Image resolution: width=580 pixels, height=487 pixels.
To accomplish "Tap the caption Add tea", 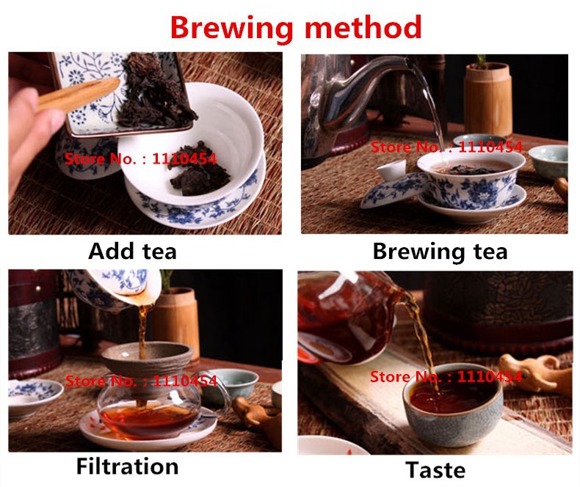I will coord(132,252).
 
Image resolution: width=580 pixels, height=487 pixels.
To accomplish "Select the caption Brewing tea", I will coord(440,252).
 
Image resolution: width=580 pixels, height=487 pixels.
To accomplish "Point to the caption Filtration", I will coord(127,466).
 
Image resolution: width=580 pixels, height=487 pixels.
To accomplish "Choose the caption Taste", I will coord(435,469).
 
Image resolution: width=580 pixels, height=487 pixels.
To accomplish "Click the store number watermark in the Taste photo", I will coord(446,377).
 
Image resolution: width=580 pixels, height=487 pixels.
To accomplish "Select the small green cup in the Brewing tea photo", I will coord(549,161).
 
